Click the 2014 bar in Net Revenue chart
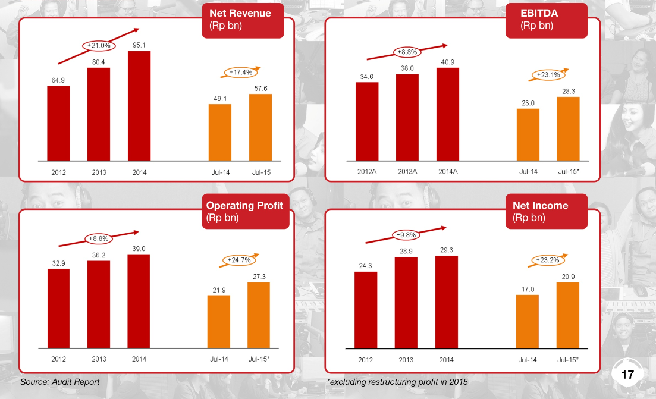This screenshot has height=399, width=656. pos(139,106)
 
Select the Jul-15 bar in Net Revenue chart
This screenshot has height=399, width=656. pos(260,127)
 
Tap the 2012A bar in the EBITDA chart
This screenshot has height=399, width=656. pos(367,121)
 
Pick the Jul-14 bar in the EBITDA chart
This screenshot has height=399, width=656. pos(528,134)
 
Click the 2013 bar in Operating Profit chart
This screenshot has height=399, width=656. pos(99,304)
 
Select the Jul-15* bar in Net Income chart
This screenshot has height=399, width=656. pos(568,315)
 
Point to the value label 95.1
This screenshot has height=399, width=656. pos(139,45)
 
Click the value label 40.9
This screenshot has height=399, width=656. pos(447,62)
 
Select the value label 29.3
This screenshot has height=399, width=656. pos(447,250)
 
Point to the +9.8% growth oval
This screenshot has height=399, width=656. pos(406,235)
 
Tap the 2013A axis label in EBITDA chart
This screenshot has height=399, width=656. pos(407,172)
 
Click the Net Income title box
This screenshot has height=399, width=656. pos(546,211)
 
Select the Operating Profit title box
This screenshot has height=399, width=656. pos(245,211)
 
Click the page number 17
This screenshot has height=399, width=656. pos(627,375)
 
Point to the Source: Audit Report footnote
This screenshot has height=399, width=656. pos(60,382)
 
